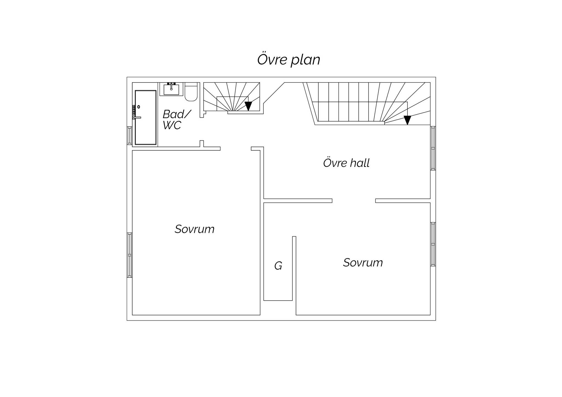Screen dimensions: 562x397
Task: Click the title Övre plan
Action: click(289, 60)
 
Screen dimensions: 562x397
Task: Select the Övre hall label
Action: click(346, 163)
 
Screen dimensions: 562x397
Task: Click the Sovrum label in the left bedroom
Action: click(195, 229)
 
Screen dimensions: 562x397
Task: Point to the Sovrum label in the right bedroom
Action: click(363, 263)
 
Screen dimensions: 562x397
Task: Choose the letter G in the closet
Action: click(278, 266)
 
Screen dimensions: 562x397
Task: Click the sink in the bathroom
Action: click(172, 89)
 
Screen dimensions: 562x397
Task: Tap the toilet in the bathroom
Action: click(191, 92)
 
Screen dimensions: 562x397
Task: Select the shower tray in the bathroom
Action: click(146, 117)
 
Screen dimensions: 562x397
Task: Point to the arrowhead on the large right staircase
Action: click(408, 120)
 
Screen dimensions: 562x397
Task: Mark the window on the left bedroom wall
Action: click(130, 255)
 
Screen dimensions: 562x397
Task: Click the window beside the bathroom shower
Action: click(130, 135)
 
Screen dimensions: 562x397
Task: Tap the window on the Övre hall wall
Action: click(433, 148)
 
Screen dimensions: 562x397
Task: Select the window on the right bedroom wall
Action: click(433, 244)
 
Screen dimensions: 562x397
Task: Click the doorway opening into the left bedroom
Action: click(236, 149)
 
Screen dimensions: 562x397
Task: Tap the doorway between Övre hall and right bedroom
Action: click(354, 201)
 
